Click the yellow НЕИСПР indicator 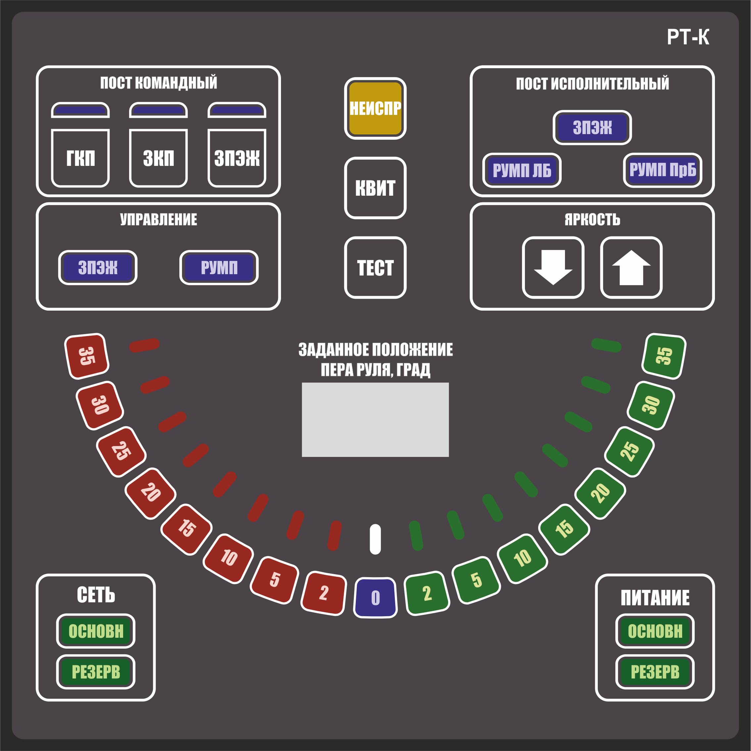(375, 108)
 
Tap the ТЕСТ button (375, 268)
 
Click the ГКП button (80, 158)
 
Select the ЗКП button (159, 158)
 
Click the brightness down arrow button (553, 268)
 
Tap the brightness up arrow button (631, 268)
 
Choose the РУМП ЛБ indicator (522, 170)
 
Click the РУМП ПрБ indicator (662, 170)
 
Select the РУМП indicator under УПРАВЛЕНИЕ (219, 268)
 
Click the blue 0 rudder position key (375, 598)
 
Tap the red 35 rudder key (87, 356)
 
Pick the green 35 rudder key (664, 356)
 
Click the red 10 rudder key (229, 559)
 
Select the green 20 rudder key (600, 493)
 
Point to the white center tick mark (375, 539)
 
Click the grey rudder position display (375, 420)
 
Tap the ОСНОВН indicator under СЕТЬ (96, 631)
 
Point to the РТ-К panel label (688, 37)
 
